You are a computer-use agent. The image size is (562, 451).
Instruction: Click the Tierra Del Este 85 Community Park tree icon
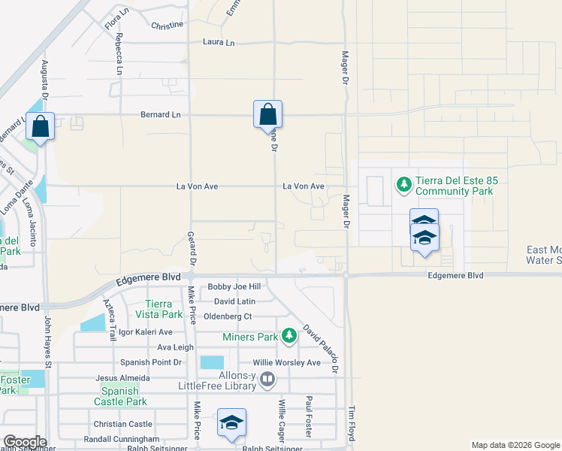[x=403, y=184]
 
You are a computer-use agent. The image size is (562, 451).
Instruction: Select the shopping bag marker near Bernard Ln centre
[x=267, y=116]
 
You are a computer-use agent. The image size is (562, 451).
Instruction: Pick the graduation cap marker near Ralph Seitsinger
[x=232, y=422]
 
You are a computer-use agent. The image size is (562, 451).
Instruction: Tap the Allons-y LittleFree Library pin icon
[x=267, y=382]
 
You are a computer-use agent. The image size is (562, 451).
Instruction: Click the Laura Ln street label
[x=219, y=43]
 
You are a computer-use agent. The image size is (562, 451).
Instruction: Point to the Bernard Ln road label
[x=161, y=114]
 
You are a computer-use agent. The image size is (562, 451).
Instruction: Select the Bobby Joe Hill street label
[x=234, y=286]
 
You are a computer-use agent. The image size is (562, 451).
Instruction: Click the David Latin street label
[x=235, y=301]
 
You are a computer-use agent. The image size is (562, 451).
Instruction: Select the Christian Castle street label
[x=122, y=424]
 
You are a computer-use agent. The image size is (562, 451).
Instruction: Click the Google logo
[x=24, y=441]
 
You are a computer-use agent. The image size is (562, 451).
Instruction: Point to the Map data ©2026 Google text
[x=515, y=445]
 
